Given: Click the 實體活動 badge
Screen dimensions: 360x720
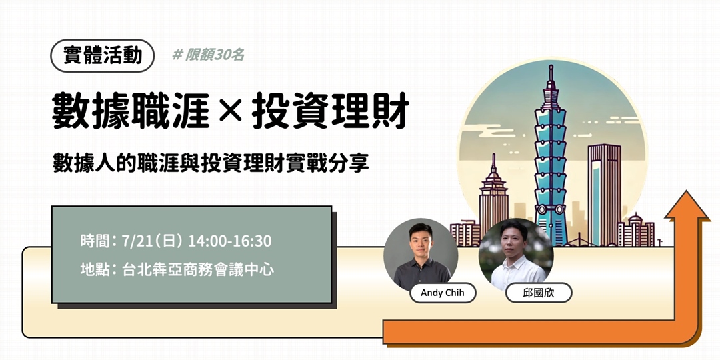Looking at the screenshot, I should pyautogui.click(x=103, y=55).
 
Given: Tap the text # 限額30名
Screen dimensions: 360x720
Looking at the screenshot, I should pyautogui.click(x=208, y=55).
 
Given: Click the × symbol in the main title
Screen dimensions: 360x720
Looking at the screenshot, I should pyautogui.click(x=231, y=111).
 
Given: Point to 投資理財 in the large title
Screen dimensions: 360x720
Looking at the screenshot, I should pyautogui.click(x=329, y=111).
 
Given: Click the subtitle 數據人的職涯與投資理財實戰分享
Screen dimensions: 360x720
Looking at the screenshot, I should pyautogui.click(x=211, y=162).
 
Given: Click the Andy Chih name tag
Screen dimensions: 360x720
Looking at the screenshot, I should pyautogui.click(x=443, y=293).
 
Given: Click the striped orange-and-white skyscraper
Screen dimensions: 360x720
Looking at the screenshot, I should pyautogui.click(x=604, y=193).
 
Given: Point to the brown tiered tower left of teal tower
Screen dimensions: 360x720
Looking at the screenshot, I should pyautogui.click(x=493, y=200).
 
